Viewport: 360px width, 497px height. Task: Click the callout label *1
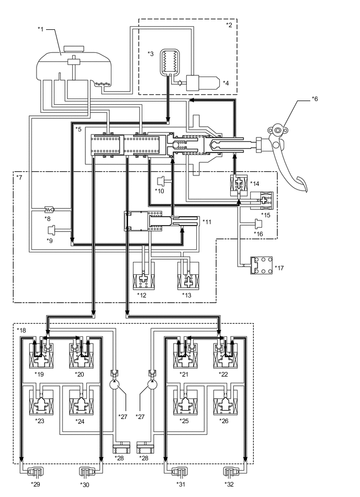coord(41,29)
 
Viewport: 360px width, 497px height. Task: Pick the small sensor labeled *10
coord(161,181)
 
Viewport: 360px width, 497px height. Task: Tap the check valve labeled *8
coord(51,208)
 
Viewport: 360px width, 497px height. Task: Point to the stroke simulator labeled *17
coord(260,265)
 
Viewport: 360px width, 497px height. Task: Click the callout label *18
coord(21,332)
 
